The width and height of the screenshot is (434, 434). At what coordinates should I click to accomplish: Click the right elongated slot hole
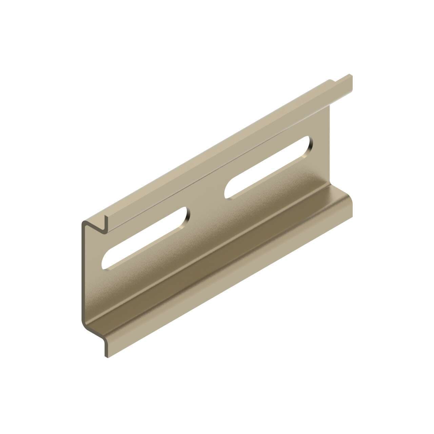(x=268, y=167)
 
